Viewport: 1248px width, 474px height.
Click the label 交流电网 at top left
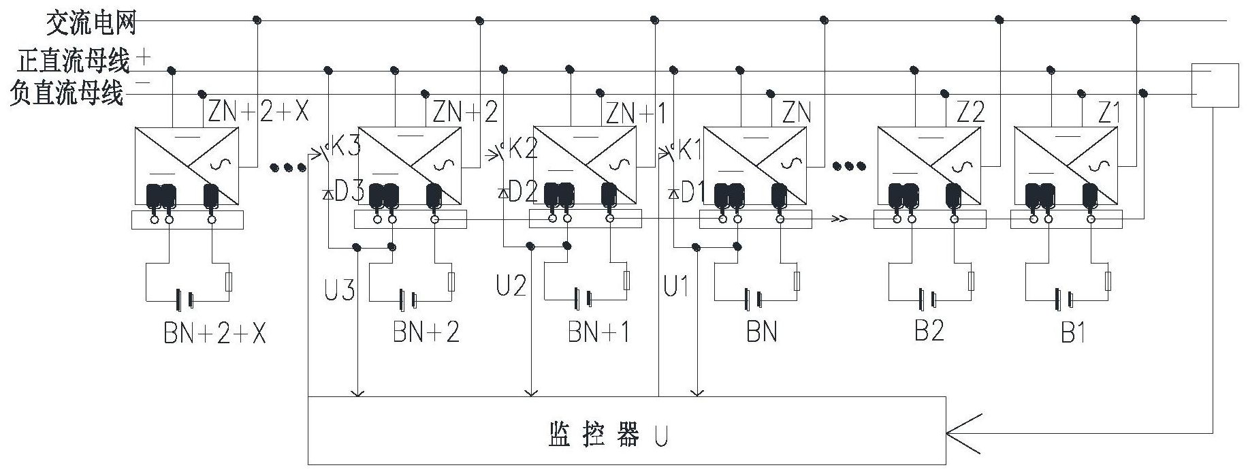91,24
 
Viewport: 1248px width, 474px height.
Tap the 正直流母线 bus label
74,61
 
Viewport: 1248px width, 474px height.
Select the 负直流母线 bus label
67,93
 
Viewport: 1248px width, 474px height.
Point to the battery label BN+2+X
214,333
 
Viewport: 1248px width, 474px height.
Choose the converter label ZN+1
636,112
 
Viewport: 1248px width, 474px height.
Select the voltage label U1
675,287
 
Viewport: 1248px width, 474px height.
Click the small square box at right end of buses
1215,85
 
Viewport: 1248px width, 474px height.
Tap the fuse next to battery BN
797,281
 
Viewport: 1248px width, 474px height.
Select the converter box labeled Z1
1066,165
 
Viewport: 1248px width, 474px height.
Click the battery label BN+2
426,332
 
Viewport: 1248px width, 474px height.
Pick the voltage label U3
338,289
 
